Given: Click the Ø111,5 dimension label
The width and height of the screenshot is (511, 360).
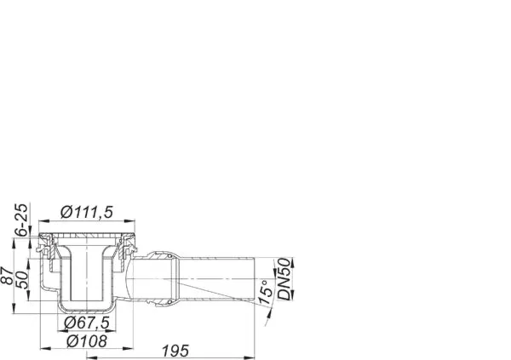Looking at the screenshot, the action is [87, 213].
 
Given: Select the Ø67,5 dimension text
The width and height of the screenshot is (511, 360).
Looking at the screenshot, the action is [87, 323].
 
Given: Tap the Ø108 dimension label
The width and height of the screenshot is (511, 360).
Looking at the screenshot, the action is [87, 341].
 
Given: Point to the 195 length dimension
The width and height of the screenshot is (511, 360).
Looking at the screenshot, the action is [175, 351].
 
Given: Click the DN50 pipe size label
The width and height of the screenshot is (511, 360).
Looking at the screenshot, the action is [284, 279].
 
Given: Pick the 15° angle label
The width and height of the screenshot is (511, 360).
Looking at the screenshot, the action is [267, 292].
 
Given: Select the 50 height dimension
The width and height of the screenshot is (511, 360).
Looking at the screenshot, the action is [22, 279].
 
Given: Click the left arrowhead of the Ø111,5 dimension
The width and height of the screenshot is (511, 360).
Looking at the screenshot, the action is [43, 221].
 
